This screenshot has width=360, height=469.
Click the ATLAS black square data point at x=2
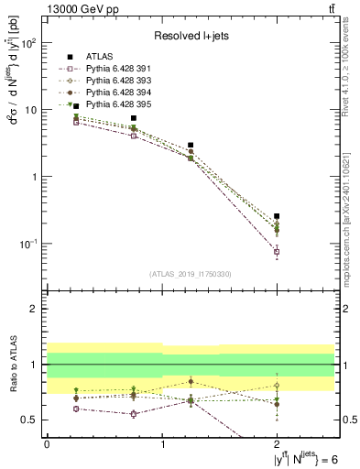click(277, 216)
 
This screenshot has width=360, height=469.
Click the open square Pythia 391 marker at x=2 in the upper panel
click(277, 251)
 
